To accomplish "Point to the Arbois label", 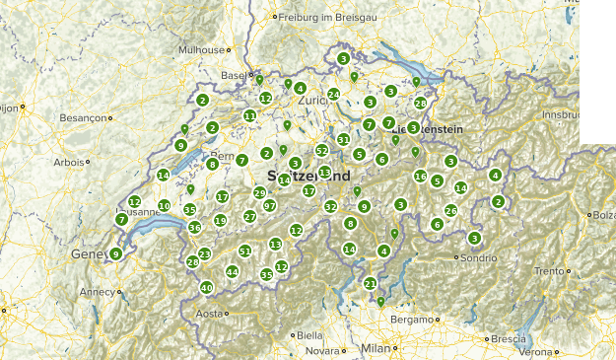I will click(69, 162).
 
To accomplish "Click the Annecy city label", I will click(97, 292).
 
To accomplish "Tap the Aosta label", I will click(209, 314).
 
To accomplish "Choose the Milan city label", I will click(376, 348).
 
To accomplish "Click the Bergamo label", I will click(411, 320).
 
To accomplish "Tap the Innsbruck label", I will click(590, 114).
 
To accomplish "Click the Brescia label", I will click(509, 338).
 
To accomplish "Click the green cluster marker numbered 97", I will click(269, 205).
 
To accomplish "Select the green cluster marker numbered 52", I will click(321, 150).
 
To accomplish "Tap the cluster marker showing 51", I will click(244, 252).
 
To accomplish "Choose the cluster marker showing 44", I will click(232, 271).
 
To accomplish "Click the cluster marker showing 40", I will click(206, 288).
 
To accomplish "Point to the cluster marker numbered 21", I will click(371, 284).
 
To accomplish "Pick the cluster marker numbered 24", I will click(333, 95).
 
